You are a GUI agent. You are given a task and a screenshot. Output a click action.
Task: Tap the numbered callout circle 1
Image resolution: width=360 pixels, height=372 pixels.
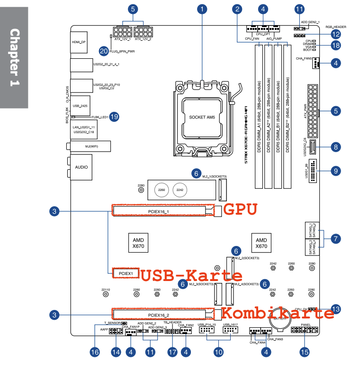point(202,9)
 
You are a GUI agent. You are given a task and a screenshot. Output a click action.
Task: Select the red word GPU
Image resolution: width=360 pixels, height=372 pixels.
point(240,209)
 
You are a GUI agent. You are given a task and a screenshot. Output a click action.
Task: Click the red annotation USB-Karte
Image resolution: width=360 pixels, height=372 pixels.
point(191,275)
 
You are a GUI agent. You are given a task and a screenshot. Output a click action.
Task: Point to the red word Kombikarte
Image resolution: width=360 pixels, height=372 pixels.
point(278,313)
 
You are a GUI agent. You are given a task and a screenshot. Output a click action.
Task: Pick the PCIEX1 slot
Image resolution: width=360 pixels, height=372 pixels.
point(125,273)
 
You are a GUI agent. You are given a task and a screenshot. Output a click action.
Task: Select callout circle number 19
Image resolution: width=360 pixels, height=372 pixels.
point(114,117)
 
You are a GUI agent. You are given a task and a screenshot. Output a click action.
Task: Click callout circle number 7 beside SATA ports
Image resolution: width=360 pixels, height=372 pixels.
point(335,239)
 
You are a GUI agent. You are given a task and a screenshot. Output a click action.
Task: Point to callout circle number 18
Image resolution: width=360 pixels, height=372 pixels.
point(335,45)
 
